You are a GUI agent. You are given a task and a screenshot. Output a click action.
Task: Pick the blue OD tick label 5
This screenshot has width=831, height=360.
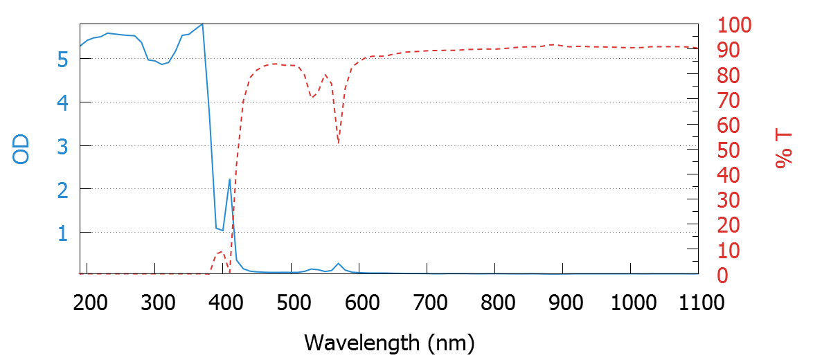[63, 60]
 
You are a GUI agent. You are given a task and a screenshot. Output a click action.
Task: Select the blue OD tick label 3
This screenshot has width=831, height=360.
[63, 146]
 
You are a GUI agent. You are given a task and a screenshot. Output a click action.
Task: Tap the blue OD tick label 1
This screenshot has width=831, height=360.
[63, 233]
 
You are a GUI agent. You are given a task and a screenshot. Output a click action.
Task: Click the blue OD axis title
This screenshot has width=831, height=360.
[22, 148]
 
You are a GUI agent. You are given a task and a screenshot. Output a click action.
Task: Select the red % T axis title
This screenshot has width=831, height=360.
[783, 149]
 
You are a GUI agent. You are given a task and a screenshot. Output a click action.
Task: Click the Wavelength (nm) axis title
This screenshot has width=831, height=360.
[389, 342]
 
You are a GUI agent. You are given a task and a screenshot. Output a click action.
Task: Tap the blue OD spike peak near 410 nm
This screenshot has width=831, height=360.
[229, 179]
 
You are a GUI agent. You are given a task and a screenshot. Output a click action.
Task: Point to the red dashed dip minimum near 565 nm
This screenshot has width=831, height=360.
[338, 143]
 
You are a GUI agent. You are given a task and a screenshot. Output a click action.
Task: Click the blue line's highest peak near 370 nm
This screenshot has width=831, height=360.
[202, 24]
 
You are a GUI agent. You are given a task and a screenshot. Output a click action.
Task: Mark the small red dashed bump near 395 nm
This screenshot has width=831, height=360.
[221, 252]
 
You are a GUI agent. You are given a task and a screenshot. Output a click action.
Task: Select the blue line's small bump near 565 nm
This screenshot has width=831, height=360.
[338, 264]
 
